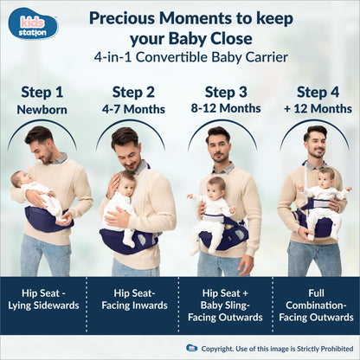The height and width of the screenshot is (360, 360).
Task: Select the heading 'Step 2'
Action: pos(133,92)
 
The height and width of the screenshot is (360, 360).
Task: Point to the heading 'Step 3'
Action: pos(226,92)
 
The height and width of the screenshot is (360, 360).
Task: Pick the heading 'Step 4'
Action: pos(318,92)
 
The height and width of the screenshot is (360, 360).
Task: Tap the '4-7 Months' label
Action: pos(133,109)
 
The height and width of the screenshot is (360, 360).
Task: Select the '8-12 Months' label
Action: pos(226,109)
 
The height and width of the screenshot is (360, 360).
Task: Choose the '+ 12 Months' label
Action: pos(318,109)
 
